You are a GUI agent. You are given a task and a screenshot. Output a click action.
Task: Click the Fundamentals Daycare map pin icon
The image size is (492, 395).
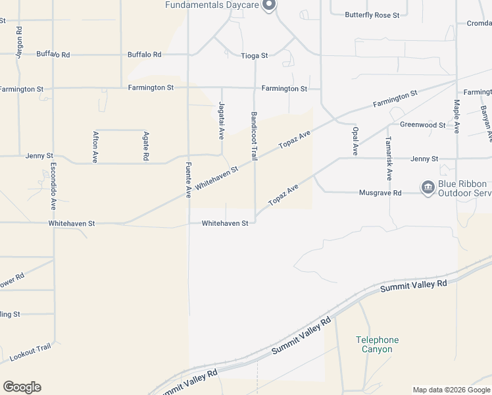pos(268,5)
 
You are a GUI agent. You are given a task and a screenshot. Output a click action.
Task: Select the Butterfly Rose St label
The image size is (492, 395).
pos(372,14)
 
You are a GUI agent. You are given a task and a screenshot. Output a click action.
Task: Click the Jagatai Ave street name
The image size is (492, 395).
pos(221,120)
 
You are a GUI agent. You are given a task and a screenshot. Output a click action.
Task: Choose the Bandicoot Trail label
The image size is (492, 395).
pos(254,136)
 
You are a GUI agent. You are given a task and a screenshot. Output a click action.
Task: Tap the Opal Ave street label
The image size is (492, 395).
pos(355,141)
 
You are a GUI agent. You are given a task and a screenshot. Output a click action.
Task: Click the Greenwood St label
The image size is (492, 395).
pos(423,124)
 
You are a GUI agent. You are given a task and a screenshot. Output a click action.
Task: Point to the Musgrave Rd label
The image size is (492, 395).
pos(380,193)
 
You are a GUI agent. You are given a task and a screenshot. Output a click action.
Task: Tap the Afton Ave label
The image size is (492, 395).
pos(96,147)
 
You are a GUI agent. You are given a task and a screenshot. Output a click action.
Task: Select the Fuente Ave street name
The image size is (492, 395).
pos(188,180)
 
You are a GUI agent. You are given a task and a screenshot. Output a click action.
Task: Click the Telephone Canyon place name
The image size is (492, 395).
pos(378,344)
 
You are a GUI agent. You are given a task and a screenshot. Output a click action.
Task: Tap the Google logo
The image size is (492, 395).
pos(22,387)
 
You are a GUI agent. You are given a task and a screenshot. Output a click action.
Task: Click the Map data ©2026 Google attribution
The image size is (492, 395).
pos(451,390)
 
